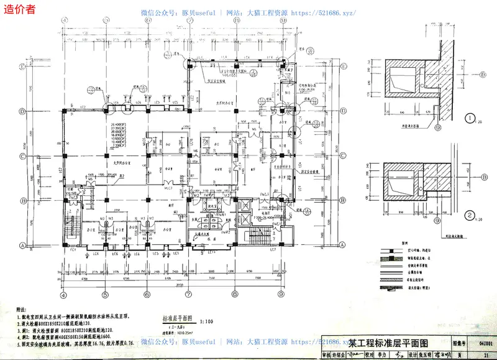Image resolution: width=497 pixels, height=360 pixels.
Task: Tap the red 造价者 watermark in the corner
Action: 19,8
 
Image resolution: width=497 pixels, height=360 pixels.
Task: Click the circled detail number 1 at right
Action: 471,116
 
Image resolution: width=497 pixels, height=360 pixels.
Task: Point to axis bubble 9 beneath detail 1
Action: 437,129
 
